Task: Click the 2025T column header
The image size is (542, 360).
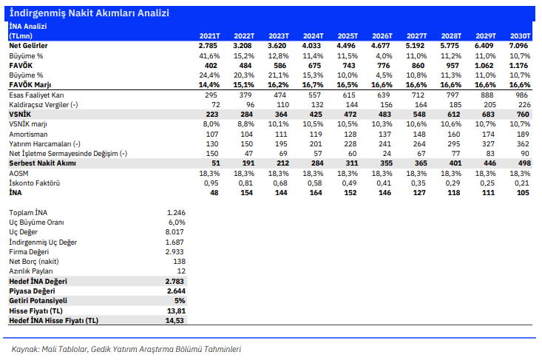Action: click(348, 36)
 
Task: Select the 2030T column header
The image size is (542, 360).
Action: click(521, 36)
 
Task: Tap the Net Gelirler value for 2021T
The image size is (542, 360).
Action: click(208, 46)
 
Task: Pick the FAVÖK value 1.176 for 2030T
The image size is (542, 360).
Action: click(518, 65)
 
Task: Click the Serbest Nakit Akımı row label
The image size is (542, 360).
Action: click(42, 163)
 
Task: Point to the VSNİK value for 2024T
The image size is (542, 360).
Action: click(316, 115)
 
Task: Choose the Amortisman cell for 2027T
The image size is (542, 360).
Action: click(419, 134)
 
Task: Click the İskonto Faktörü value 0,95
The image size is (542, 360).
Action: click(211, 183)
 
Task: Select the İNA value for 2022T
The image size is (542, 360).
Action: click(246, 193)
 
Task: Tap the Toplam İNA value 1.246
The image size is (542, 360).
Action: click(176, 212)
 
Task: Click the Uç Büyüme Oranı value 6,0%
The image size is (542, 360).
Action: click(177, 223)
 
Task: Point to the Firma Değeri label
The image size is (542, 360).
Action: click(29, 252)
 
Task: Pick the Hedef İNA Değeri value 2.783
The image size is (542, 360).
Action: click(175, 281)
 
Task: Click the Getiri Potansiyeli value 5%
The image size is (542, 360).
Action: click(180, 301)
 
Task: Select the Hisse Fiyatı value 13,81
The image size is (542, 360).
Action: click(176, 311)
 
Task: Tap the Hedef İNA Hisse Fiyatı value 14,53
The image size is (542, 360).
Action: click(175, 321)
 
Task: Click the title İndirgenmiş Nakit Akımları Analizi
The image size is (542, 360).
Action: click(89, 13)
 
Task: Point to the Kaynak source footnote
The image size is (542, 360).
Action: click(126, 350)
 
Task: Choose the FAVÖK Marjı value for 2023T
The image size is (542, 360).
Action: click(278, 85)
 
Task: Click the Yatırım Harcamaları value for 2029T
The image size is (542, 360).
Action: click(489, 143)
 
